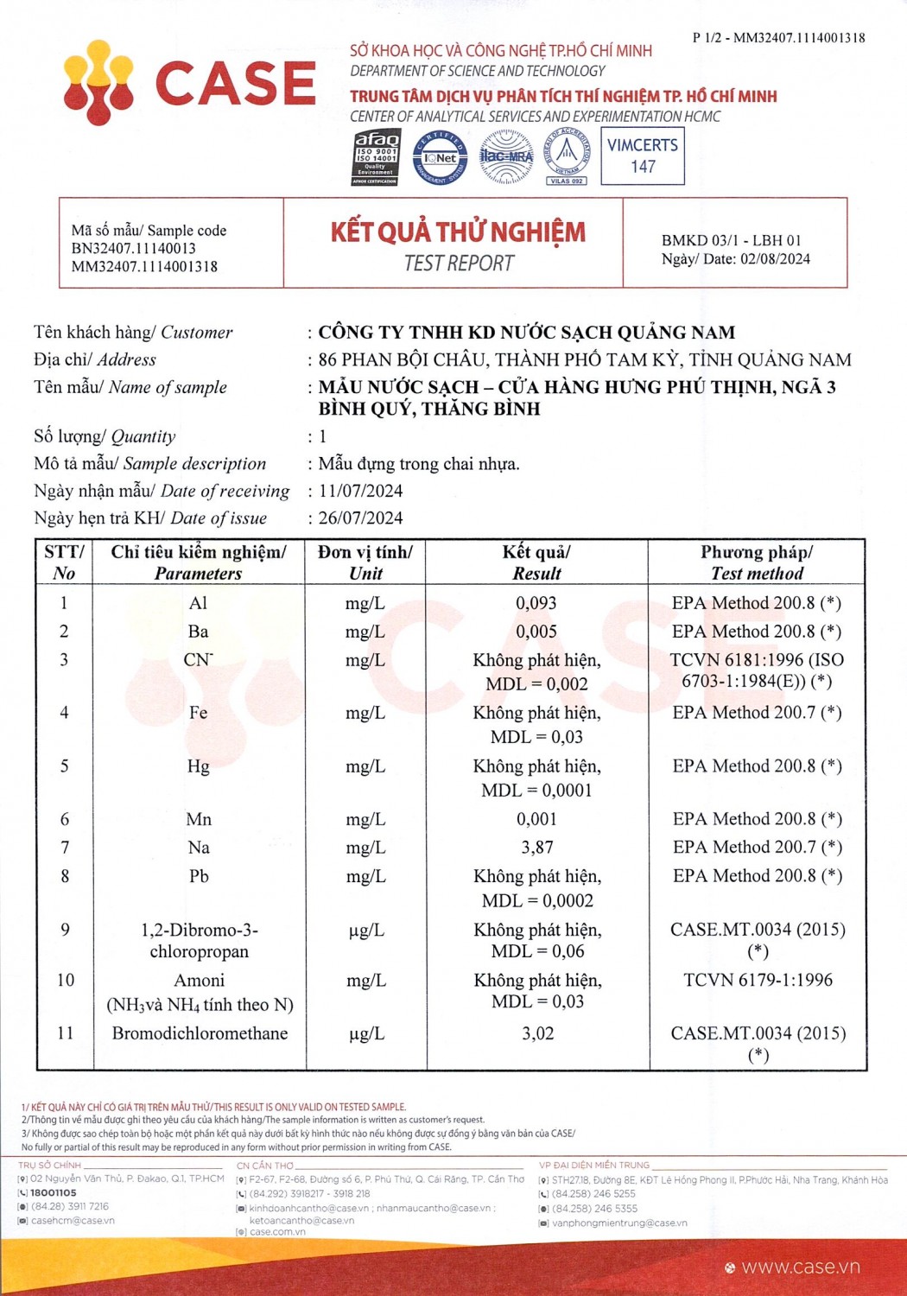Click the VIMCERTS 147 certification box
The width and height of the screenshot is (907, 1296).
pyautogui.click(x=643, y=156)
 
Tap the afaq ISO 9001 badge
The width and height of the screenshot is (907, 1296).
pyautogui.click(x=376, y=157)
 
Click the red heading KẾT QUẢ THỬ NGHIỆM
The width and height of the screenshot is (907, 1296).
pyautogui.click(x=458, y=232)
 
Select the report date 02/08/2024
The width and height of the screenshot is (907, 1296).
pyautogui.click(x=775, y=259)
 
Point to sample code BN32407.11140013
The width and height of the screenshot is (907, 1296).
pyautogui.click(x=134, y=249)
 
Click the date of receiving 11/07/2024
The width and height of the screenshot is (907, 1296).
pyautogui.click(x=361, y=491)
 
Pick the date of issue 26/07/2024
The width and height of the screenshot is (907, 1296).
pyautogui.click(x=361, y=518)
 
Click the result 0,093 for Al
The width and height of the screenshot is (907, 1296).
pyautogui.click(x=536, y=603)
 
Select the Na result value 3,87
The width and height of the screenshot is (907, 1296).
pyautogui.click(x=536, y=848)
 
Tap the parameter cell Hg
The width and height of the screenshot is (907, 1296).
pyautogui.click(x=199, y=766)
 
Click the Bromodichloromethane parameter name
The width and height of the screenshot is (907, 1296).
pyautogui.click(x=200, y=1033)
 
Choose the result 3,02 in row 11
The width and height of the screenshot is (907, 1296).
pyautogui.click(x=537, y=1033)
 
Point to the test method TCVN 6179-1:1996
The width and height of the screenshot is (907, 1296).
pyautogui.click(x=758, y=980)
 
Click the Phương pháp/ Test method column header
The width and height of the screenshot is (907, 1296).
pyautogui.click(x=757, y=562)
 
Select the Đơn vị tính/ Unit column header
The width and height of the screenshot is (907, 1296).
pyautogui.click(x=365, y=562)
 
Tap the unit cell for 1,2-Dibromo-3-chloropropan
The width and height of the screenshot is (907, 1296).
pyautogui.click(x=365, y=931)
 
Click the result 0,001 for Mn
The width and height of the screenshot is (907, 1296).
pyautogui.click(x=536, y=819)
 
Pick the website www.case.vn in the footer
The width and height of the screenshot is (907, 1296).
pyautogui.click(x=800, y=1267)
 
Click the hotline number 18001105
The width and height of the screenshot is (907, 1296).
pyautogui.click(x=54, y=1192)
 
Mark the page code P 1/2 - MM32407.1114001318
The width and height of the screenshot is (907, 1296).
pyautogui.click(x=778, y=38)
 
